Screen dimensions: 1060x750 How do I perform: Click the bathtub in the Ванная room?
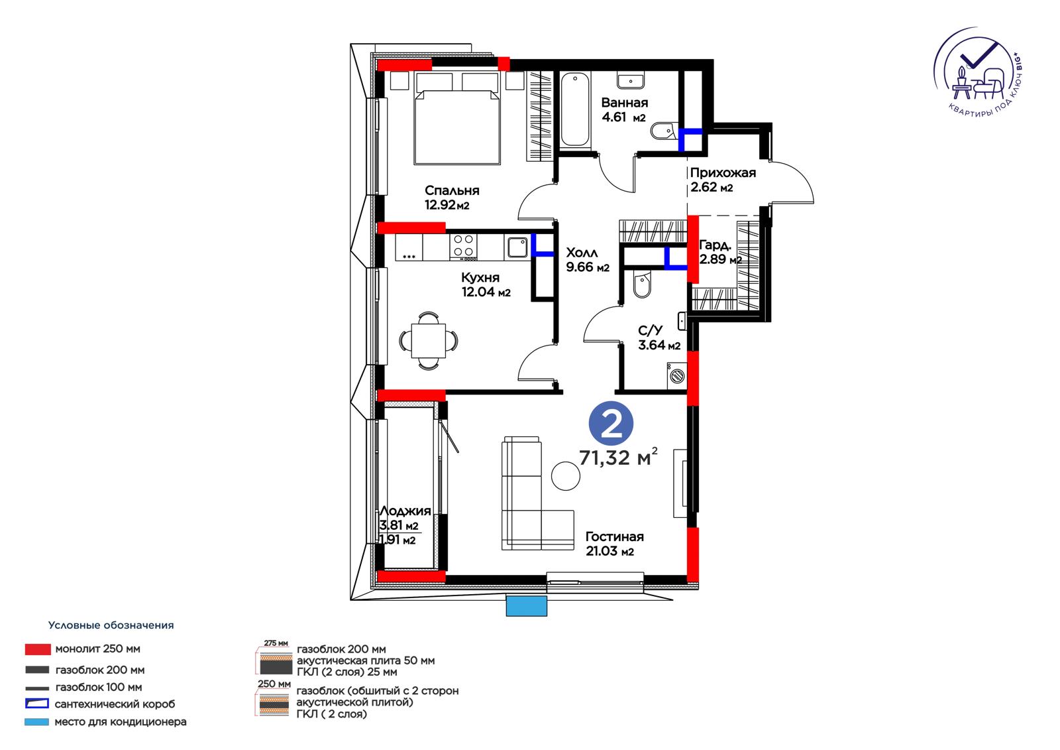point(576,109)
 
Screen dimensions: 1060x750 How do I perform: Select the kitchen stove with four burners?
point(463,247)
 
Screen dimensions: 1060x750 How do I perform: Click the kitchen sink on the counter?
point(517,247)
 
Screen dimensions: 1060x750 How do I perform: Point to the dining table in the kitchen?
point(428,341)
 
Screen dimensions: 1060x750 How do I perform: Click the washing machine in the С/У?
point(676,376)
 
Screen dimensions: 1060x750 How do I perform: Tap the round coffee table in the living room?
point(566,475)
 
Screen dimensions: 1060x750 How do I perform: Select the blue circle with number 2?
point(611,423)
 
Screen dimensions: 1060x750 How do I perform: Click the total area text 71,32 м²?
point(618,457)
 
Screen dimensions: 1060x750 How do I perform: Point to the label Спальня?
point(452,190)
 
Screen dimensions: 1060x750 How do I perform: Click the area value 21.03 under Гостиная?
point(602,551)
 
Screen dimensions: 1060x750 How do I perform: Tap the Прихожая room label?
point(723,173)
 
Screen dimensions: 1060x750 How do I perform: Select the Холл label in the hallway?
point(582,253)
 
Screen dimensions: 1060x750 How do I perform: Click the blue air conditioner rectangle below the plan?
point(526,606)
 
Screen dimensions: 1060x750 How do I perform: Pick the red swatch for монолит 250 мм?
point(38,649)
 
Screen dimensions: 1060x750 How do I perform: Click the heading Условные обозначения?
point(111,625)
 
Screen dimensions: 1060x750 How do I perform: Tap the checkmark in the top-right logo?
point(979,56)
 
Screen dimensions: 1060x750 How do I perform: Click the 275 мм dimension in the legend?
point(276,643)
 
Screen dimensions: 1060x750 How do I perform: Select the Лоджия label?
point(405,511)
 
